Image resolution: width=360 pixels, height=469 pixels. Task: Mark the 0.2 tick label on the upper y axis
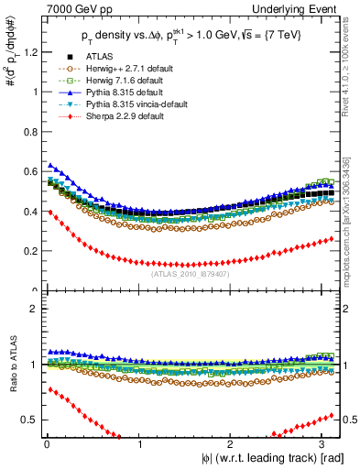tap(29, 251)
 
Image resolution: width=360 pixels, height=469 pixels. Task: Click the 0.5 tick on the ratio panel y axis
tap(29, 420)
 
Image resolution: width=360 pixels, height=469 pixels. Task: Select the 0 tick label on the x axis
tap(46, 444)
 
